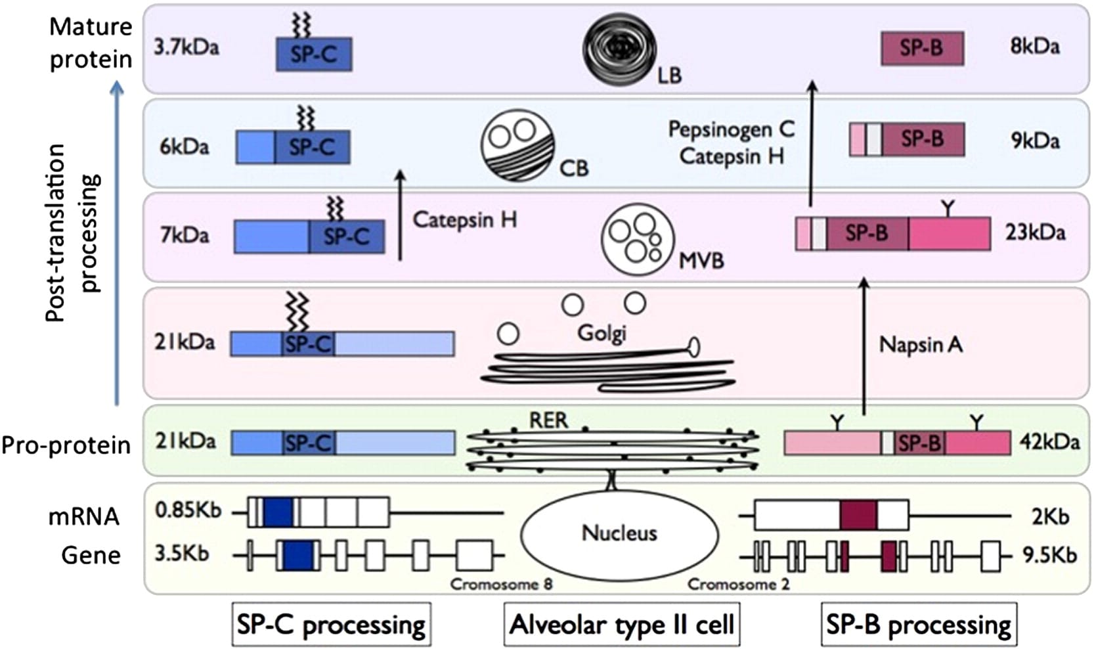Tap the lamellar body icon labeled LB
pyautogui.click(x=619, y=50)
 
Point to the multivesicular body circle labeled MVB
pyautogui.click(x=638, y=239)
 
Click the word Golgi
pyautogui.click(x=602, y=333)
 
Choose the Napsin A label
pyautogui.click(x=920, y=344)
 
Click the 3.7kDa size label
pyautogui.click(x=186, y=48)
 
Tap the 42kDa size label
pyautogui.click(x=1049, y=442)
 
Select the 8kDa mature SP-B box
pyautogui.click(x=922, y=48)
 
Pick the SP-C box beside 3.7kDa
pyautogui.click(x=314, y=54)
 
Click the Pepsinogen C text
pyautogui.click(x=731, y=129)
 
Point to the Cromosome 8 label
pyautogui.click(x=501, y=584)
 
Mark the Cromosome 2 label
pyautogui.click(x=738, y=584)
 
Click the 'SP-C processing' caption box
pyautogui.click(x=331, y=625)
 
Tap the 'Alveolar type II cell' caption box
pyautogui.click(x=621, y=625)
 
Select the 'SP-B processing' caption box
pyautogui.click(x=918, y=625)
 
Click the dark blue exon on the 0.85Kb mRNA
pyautogui.click(x=278, y=512)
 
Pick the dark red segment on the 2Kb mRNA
pyautogui.click(x=858, y=515)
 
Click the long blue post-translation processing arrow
pyautogui.click(x=118, y=243)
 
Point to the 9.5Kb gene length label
pyautogui.click(x=1049, y=556)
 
